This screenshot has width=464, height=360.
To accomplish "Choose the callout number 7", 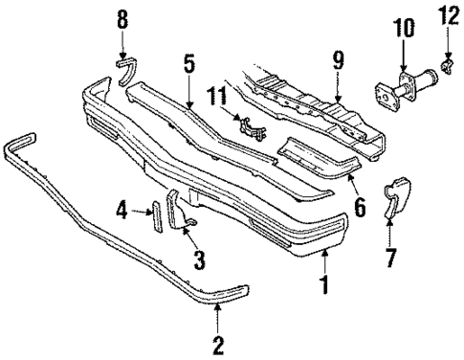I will (390, 259).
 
